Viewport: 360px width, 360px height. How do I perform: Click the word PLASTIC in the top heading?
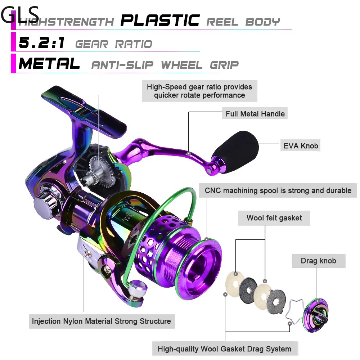click(160, 21)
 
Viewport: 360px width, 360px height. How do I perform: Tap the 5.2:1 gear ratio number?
click(41, 43)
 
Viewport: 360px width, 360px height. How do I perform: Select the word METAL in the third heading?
click(49, 64)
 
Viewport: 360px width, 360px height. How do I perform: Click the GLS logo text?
click(20, 14)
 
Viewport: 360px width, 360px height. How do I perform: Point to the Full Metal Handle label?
click(255, 114)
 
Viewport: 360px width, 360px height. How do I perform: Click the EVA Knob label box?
click(301, 145)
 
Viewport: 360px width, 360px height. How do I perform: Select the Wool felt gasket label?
click(274, 218)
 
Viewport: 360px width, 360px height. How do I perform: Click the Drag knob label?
click(318, 260)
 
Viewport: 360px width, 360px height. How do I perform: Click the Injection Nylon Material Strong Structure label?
click(102, 321)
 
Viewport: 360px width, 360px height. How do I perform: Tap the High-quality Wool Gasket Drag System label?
click(224, 348)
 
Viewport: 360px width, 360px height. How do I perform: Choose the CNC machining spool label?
click(278, 190)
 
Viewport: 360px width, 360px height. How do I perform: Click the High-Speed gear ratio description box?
click(199, 91)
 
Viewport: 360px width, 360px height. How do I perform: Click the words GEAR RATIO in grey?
click(114, 44)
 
